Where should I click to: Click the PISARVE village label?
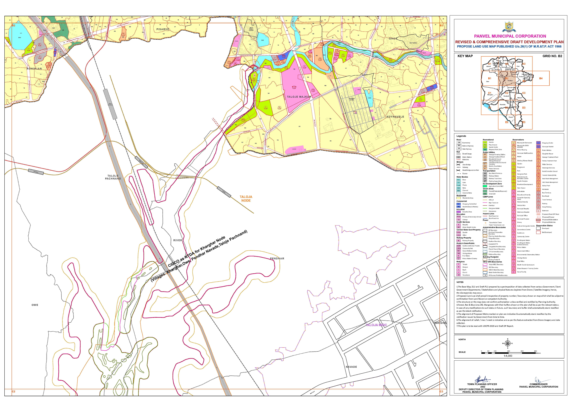(x=163, y=29)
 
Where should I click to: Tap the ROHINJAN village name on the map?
(x=34, y=69)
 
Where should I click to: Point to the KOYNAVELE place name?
(x=395, y=117)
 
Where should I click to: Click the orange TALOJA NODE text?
(x=246, y=199)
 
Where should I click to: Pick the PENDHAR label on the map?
(x=277, y=259)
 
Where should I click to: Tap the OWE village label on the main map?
(x=35, y=305)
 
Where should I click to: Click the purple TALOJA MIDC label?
(x=376, y=325)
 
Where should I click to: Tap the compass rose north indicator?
(x=508, y=343)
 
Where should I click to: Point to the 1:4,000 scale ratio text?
(x=508, y=356)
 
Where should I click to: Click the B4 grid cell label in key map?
(x=541, y=78)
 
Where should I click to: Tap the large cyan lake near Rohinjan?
(x=20, y=38)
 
